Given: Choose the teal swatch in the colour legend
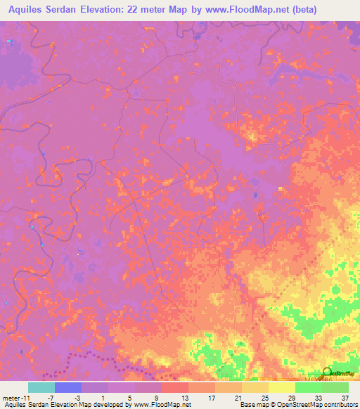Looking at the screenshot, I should pos(41,387).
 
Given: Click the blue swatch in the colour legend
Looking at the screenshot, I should pos(68,387).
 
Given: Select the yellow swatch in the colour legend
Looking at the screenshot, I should pos(281,387).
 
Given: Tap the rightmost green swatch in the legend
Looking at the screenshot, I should pos(335,387).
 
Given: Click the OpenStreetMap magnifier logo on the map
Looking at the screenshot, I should pos(327,372).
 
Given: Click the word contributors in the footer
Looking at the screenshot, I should pos(340,405).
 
